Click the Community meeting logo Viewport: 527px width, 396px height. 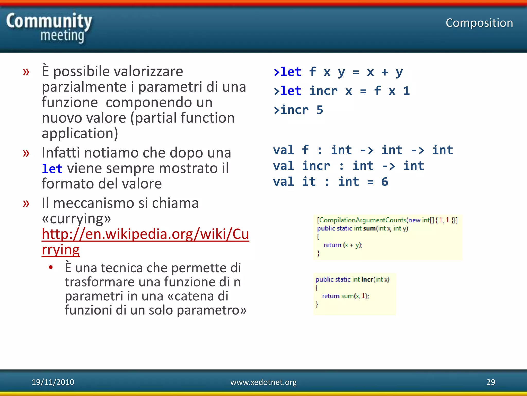pos(49,28)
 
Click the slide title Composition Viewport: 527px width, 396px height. pos(479,23)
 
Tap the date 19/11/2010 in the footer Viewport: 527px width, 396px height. pos(53,382)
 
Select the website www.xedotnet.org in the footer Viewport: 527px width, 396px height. pos(263,382)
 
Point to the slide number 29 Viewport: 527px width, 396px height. pos(490,382)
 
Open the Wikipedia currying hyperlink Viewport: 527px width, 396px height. pos(145,234)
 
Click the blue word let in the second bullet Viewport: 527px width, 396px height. pos(52,169)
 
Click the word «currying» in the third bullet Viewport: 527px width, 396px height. pos(76,219)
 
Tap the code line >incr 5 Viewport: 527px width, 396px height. pos(298,110)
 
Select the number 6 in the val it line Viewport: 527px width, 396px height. pos(384,182)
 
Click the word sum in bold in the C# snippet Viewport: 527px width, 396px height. pos(369,228)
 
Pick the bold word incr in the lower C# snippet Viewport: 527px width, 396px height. pos(367,279)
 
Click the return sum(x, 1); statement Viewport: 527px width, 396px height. pos(345,296)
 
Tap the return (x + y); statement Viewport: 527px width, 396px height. pos(343,245)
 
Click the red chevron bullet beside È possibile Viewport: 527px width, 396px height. pos(26,72)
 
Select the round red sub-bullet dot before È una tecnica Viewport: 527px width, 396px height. pos(51,267)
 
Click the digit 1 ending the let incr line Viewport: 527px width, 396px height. pos(406,91)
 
